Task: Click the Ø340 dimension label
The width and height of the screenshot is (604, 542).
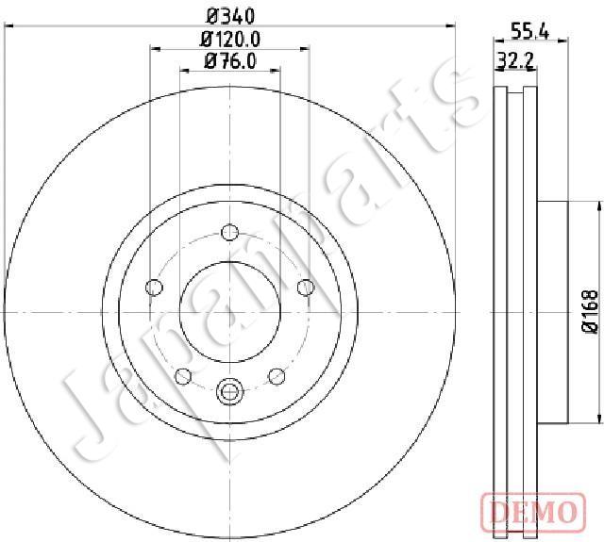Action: pos(230,16)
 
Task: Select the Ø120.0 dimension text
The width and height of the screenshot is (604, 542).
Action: pos(230,39)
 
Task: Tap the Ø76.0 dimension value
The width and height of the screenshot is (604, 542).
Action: pos(230,61)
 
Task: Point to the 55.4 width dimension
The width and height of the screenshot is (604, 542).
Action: pos(529,31)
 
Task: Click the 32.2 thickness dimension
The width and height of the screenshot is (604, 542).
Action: pos(515,60)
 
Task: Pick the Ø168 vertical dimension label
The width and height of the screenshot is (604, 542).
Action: pos(591,311)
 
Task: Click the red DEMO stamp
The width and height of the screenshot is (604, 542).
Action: pos(533,512)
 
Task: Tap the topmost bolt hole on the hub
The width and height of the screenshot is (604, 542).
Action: pos(230,232)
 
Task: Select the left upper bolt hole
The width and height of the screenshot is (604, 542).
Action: pos(155,287)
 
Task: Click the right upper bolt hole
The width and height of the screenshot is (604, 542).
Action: pos(306,287)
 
